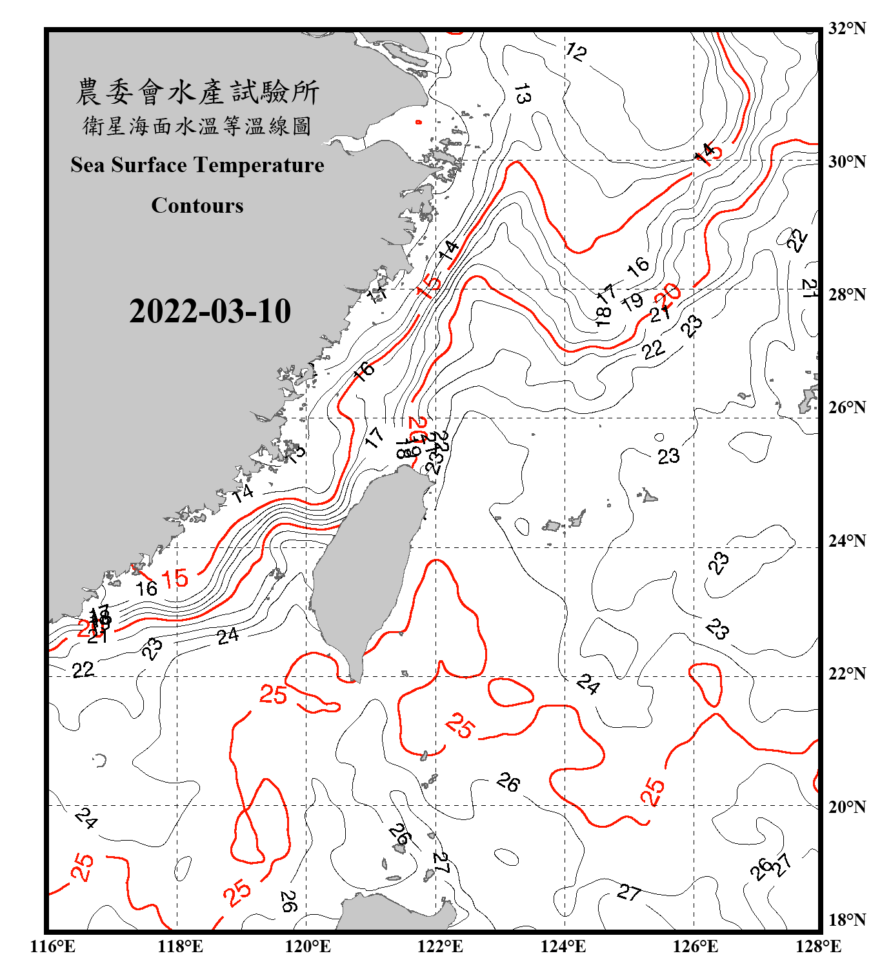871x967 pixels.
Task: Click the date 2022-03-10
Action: (210, 311)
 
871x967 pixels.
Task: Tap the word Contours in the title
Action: (197, 206)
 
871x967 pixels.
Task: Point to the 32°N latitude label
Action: (846, 28)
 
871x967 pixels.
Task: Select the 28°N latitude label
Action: (846, 295)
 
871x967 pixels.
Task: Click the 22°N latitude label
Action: (846, 674)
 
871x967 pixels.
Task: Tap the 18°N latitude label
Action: (846, 919)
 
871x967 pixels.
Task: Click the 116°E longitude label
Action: (52, 946)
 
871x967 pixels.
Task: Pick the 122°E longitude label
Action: (440, 946)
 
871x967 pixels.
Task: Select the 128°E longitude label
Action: (818, 946)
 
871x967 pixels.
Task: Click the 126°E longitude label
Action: (695, 946)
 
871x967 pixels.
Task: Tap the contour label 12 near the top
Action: (576, 52)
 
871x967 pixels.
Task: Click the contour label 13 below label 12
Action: (522, 94)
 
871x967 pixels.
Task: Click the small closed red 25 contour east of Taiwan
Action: (510, 692)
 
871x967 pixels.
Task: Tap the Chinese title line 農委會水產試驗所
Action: (197, 92)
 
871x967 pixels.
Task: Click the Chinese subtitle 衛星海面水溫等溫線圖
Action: (197, 126)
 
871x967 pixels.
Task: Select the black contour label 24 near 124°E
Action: (588, 684)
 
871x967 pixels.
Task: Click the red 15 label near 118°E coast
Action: (174, 578)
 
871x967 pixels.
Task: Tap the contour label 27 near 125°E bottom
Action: (629, 892)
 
